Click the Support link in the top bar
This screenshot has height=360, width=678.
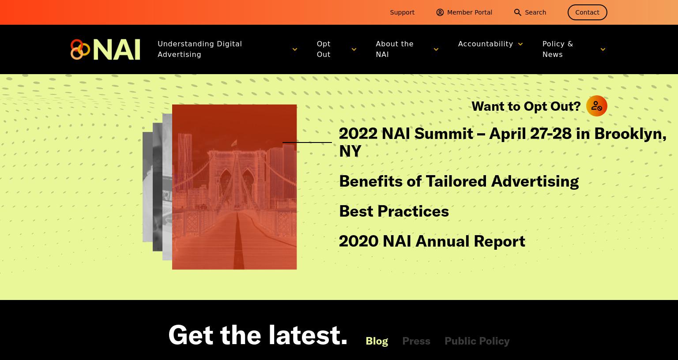tap(402, 12)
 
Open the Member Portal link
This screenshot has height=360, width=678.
tap(464, 12)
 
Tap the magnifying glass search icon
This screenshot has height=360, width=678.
tap(518, 12)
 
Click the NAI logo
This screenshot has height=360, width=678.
tap(105, 49)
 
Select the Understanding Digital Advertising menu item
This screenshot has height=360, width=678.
tap(200, 49)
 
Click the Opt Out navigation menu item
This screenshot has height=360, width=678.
tap(324, 49)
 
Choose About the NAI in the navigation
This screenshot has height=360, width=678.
tap(394, 49)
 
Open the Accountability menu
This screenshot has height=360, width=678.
tap(486, 44)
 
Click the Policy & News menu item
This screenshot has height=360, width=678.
tap(557, 49)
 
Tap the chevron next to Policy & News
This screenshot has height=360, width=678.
tap(603, 49)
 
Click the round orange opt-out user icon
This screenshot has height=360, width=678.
tap(597, 106)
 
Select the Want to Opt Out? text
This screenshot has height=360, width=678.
tap(526, 106)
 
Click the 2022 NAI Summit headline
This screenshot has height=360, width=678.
tap(502, 142)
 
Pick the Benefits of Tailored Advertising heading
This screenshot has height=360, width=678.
tap(459, 181)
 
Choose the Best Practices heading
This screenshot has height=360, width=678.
tap(394, 211)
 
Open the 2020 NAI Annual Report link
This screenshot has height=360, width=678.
tap(432, 241)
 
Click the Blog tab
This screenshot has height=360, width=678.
tap(377, 341)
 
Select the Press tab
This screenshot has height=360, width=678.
tap(416, 341)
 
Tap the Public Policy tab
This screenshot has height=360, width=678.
tap(477, 341)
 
